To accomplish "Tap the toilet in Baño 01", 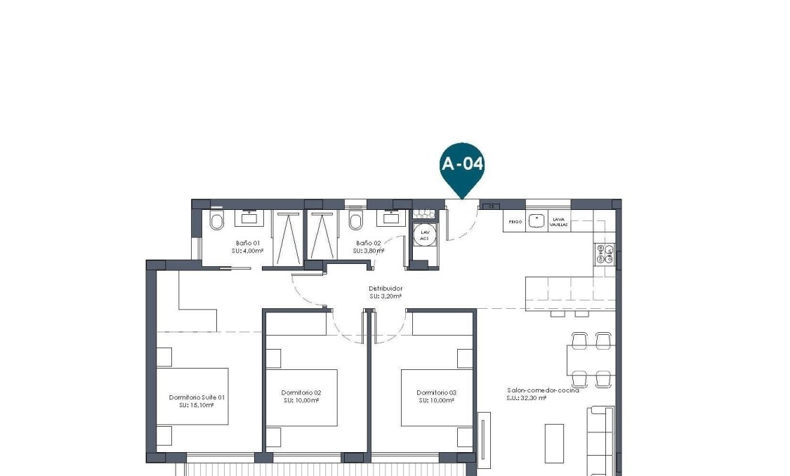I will (216, 223).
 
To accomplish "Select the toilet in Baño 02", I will (355, 223).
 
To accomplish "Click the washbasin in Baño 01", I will (249, 218).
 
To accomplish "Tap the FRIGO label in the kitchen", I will (515, 222).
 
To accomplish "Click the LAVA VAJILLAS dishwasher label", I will (559, 221).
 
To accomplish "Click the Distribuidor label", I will (386, 289).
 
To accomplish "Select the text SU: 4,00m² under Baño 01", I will (249, 251).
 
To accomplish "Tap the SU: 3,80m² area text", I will (369, 251).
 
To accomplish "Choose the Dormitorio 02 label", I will (301, 392).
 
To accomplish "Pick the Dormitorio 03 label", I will (436, 392).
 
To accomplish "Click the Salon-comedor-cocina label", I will (543, 390).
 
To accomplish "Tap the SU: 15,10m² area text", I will (196, 405).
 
